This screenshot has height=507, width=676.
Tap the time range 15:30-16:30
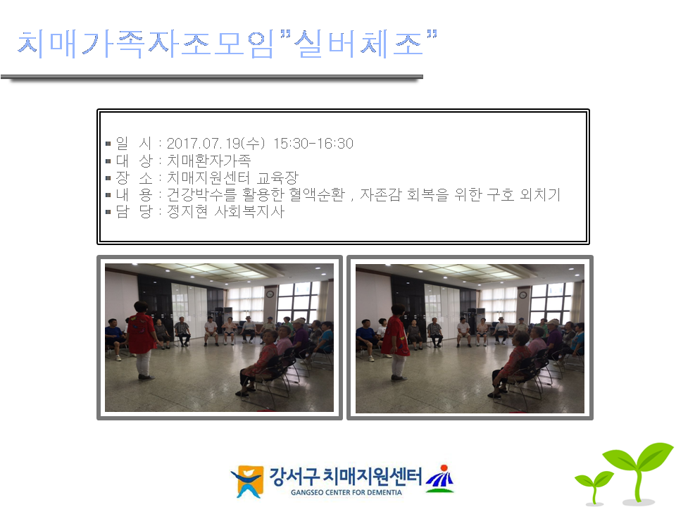pos(313,143)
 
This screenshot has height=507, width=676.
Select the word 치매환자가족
pos(208,161)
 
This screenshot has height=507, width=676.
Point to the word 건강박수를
pos(202,194)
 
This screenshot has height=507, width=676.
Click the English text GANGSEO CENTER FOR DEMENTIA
pos(346,492)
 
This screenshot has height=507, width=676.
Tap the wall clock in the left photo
pos(270,294)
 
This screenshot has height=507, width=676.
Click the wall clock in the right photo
pos(522,295)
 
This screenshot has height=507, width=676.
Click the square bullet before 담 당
pos(108,212)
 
